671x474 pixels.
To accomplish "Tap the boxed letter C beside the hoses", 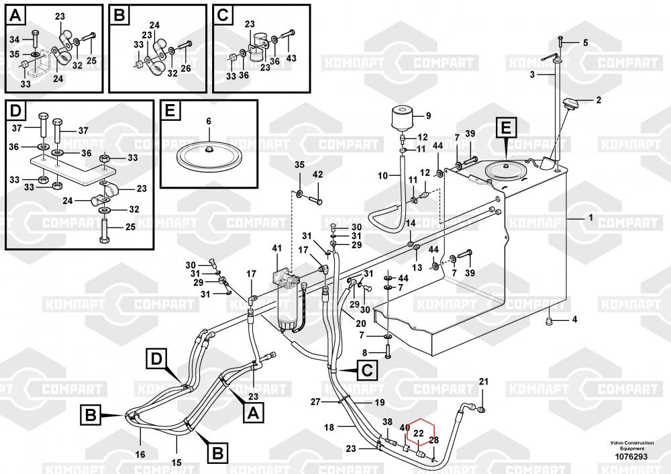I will tap(367, 369).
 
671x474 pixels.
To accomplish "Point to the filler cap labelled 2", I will tap(572, 105).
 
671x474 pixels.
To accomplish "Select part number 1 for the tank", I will tap(590, 218).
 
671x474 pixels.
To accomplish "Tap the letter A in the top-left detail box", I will tap(17, 15).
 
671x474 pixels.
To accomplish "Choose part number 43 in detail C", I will tap(291, 58).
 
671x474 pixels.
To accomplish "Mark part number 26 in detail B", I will tap(186, 68).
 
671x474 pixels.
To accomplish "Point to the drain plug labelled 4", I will tap(550, 322).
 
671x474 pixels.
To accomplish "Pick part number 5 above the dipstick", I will tap(584, 42).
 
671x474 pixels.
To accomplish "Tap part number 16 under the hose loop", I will tap(140, 455).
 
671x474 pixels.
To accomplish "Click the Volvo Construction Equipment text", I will tap(627, 446).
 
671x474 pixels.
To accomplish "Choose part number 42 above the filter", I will tap(318, 175).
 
